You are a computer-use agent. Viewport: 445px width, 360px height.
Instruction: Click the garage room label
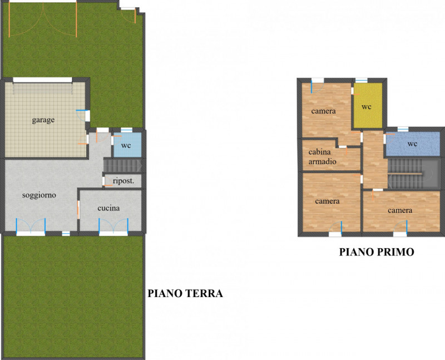43,120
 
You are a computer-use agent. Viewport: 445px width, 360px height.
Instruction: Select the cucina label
108,209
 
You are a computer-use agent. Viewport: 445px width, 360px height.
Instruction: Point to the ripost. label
123,181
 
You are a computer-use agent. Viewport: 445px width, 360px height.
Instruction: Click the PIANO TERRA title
185,293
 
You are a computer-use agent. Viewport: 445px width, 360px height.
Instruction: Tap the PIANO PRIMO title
377,252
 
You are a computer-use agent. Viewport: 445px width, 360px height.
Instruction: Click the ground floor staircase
123,165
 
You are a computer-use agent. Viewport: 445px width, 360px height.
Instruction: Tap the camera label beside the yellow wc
323,111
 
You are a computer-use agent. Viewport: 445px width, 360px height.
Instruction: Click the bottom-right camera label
400,210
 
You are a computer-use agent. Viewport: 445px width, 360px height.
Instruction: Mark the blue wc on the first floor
412,144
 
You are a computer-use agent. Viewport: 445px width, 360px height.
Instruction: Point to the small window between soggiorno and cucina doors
66,233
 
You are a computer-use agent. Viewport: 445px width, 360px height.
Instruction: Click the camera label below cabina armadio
327,201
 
